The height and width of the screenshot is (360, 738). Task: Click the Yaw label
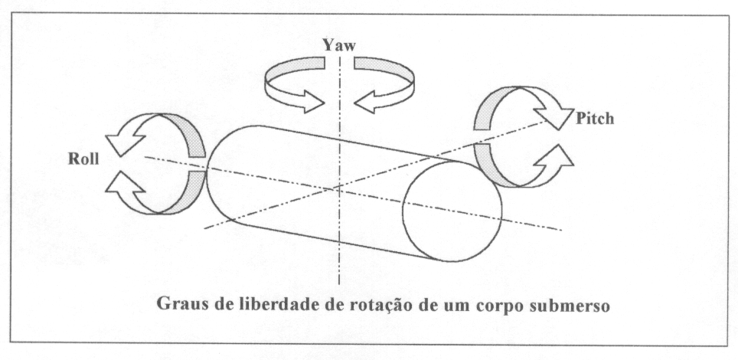pos(339,45)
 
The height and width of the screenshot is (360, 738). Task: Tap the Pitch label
pos(594,120)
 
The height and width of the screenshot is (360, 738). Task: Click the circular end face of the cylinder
pos(452,209)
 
